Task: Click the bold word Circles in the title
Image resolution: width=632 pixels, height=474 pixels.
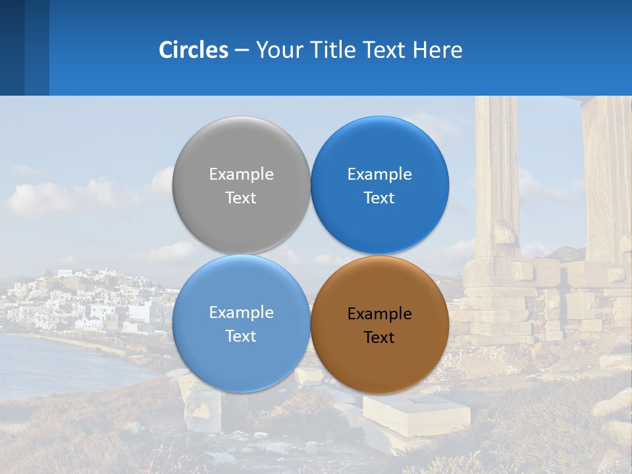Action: pyautogui.click(x=194, y=50)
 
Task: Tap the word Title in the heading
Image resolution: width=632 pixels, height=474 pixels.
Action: pyautogui.click(x=336, y=50)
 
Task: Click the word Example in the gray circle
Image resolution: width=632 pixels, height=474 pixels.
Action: pyautogui.click(x=241, y=174)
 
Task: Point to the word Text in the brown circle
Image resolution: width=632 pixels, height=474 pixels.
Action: pyautogui.click(x=379, y=338)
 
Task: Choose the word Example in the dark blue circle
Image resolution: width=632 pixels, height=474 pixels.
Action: pyautogui.click(x=379, y=174)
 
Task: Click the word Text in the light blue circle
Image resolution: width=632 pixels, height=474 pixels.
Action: pyautogui.click(x=241, y=336)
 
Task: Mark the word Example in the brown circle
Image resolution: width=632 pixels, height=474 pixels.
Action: pyautogui.click(x=379, y=314)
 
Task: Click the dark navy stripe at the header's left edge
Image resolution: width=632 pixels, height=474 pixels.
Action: pyautogui.click(x=12, y=47)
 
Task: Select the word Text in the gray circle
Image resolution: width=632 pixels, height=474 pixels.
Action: pyautogui.click(x=241, y=198)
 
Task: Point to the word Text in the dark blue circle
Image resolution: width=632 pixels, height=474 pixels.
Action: pyautogui.click(x=379, y=198)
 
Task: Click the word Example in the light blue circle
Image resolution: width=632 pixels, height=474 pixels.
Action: pyautogui.click(x=241, y=313)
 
